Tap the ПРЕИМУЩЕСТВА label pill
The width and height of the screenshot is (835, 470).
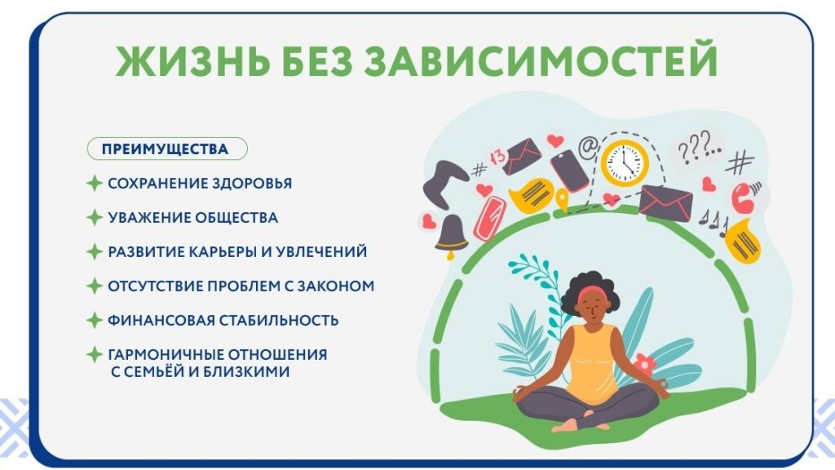(x=166, y=149)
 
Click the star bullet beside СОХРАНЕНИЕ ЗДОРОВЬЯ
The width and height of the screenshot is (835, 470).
(x=95, y=184)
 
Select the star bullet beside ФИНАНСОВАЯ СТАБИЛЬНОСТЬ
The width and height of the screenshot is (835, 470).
(x=95, y=320)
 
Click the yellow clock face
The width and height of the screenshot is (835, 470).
(x=625, y=163)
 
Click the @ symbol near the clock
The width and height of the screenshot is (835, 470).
(x=588, y=147)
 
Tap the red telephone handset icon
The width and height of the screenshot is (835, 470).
(x=742, y=197)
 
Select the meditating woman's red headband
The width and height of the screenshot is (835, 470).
(x=589, y=293)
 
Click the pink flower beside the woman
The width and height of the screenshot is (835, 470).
(x=644, y=364)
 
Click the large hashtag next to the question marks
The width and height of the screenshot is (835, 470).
(x=740, y=162)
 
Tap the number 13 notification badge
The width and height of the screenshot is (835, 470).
(x=497, y=157)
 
